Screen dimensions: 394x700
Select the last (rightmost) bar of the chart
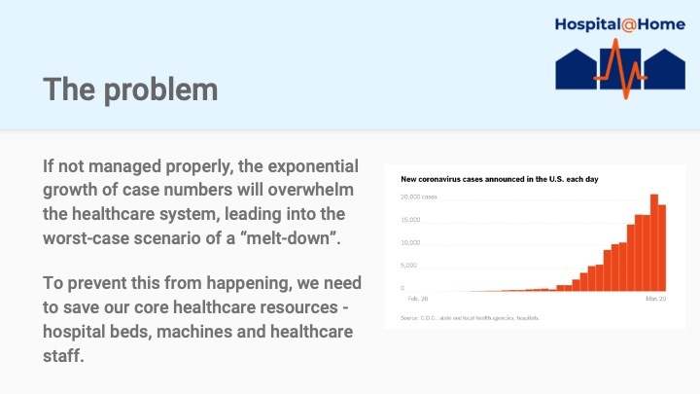click(663, 248)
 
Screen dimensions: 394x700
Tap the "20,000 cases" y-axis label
click(419, 197)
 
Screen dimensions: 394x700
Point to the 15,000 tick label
click(411, 220)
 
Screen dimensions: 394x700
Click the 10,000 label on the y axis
click(411, 242)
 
